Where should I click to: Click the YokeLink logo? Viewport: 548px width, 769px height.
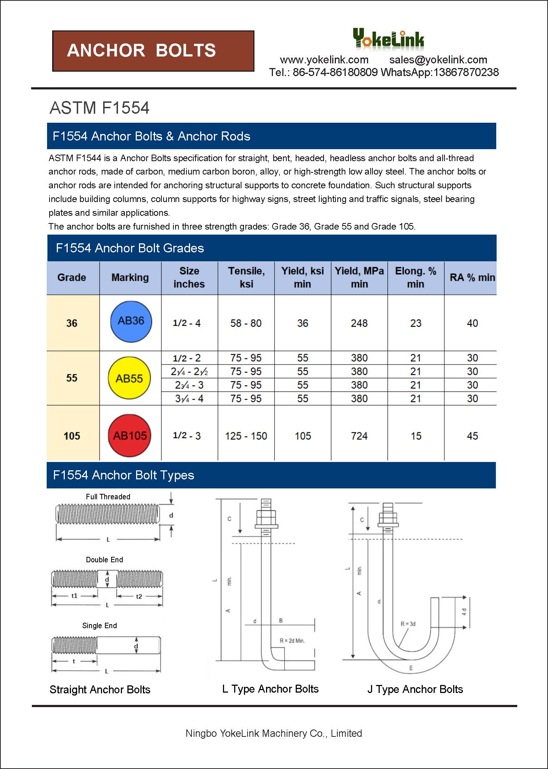point(388,39)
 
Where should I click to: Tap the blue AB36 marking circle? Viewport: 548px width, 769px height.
point(131,322)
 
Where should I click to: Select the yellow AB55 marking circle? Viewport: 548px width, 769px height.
point(130,378)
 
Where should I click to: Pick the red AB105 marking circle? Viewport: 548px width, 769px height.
point(130,435)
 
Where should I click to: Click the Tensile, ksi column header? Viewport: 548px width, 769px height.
point(246,277)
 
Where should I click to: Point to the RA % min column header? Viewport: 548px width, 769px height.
point(472,278)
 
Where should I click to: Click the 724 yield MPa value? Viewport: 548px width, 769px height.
point(359,436)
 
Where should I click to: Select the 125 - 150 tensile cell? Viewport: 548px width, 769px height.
point(246,436)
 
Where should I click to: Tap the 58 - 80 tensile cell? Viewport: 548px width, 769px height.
point(246,323)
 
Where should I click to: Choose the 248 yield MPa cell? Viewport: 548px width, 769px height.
point(359,323)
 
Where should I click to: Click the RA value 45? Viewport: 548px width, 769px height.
point(472,436)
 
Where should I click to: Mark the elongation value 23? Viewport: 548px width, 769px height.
point(416,323)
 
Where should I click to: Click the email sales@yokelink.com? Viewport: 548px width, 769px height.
point(438,60)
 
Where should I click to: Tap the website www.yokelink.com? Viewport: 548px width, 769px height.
point(324,60)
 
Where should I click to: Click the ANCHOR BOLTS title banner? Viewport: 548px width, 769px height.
point(153,51)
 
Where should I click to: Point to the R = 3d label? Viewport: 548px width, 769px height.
point(408,624)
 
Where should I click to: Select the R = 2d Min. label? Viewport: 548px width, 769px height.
point(292,640)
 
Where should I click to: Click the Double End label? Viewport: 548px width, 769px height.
point(104,560)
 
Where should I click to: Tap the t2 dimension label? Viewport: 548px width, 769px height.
point(139,596)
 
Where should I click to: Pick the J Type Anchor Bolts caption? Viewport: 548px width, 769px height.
point(415,689)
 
